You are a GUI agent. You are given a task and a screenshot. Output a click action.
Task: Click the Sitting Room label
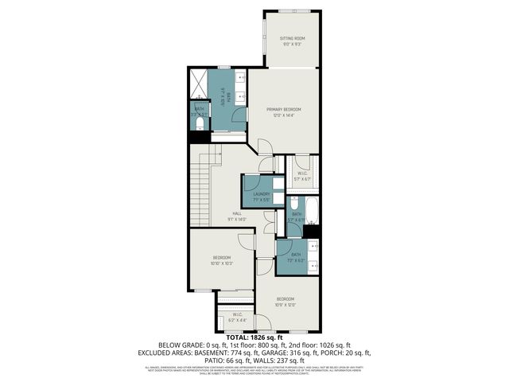tap(292, 38)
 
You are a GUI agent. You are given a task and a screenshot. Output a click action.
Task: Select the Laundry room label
tap(261, 193)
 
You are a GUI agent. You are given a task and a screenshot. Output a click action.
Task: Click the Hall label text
tap(237, 213)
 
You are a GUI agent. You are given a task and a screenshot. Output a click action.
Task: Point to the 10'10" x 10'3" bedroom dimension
tap(222, 263)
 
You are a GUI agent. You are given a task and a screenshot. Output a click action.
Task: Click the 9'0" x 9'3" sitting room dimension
tap(292, 45)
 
